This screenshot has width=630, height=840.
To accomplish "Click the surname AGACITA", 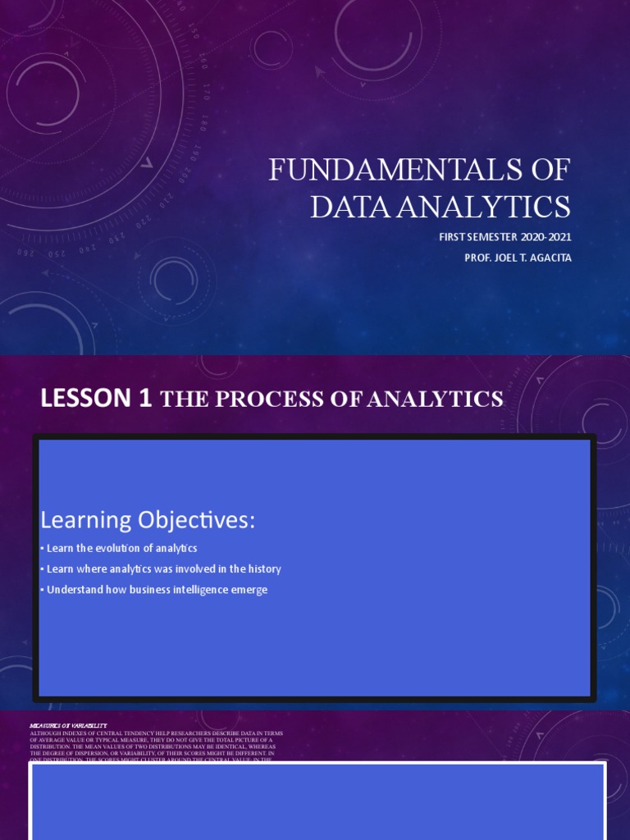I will (x=546, y=258).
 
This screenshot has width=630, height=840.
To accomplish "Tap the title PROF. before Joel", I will (x=477, y=258).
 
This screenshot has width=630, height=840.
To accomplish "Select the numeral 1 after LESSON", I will (x=146, y=399).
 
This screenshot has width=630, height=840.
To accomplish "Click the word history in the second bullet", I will (x=263, y=568).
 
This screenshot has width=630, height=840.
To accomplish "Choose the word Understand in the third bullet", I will (x=75, y=590).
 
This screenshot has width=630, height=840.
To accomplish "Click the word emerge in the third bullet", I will (x=249, y=590).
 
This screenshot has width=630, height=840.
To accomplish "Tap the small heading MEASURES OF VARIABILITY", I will (x=68, y=726).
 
